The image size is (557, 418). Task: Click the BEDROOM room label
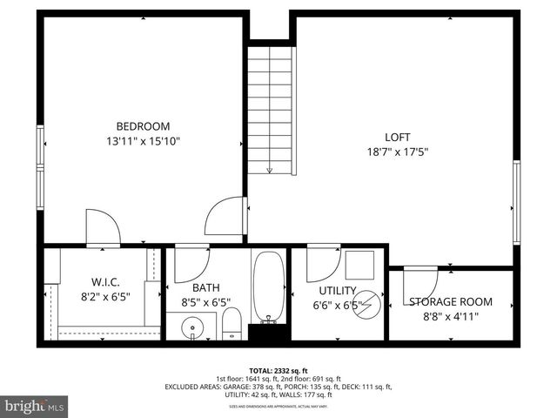(x=144, y=125)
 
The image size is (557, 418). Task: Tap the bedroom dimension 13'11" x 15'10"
(x=144, y=140)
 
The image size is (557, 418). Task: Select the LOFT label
(x=398, y=137)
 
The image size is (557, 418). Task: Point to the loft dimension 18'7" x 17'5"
(x=398, y=152)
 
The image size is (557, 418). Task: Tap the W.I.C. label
(x=105, y=283)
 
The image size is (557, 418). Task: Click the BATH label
(x=206, y=287)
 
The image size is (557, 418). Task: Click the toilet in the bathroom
(x=232, y=323)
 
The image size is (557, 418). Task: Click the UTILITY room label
(x=338, y=290)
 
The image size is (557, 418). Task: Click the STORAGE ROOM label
(x=451, y=302)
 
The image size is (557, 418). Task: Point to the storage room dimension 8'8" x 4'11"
(x=451, y=317)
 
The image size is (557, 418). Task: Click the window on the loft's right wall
(x=516, y=202)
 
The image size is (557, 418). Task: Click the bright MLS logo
(x=36, y=407)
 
